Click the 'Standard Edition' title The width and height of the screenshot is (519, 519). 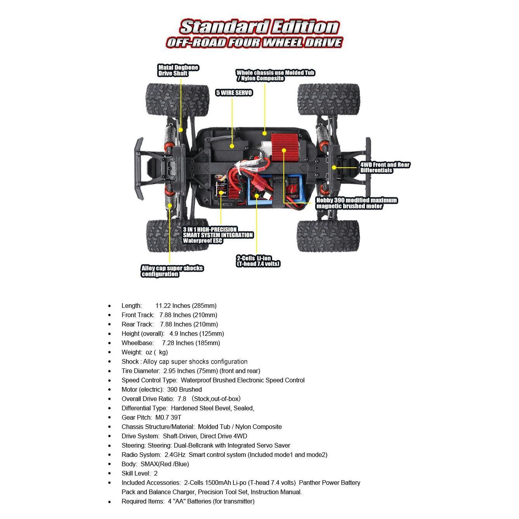259,27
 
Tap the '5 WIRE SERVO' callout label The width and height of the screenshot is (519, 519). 234,93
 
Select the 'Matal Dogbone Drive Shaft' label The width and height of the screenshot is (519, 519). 178,70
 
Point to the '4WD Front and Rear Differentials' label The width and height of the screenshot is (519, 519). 385,167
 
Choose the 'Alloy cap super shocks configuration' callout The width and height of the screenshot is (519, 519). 172,271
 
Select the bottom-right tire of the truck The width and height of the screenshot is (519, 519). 328,236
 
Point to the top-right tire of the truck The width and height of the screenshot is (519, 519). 328,99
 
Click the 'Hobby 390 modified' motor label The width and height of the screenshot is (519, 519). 356,203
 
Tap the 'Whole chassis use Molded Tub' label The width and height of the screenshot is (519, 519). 275,75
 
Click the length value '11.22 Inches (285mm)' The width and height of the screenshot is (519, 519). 186,305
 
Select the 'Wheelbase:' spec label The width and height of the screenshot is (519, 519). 137,343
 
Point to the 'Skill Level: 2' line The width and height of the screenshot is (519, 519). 139,473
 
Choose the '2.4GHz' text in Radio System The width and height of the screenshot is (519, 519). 175,455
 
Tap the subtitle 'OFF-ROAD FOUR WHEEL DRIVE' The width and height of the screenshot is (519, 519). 254,42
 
